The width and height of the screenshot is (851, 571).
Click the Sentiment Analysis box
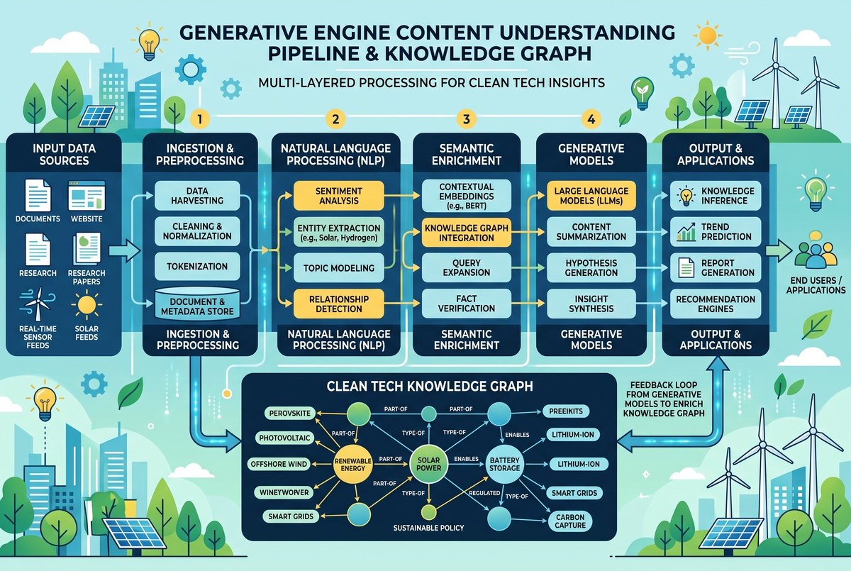tap(338, 196)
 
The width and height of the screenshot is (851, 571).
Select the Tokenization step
tap(197, 266)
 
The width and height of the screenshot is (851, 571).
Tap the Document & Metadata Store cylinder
tap(197, 304)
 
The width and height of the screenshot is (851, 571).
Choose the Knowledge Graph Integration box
tap(466, 233)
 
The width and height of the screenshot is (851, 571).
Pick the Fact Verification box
tap(466, 304)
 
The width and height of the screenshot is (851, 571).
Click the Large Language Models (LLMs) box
tap(591, 196)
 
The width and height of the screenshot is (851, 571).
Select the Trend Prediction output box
tap(716, 232)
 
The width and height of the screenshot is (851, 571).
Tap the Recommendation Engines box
tap(716, 304)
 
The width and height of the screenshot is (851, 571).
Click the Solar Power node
tap(428, 464)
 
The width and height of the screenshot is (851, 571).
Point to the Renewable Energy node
tap(352, 465)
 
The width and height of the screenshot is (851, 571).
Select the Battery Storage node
tap(504, 465)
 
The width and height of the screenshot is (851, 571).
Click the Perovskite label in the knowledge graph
tap(290, 414)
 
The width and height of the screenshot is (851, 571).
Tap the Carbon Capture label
tap(570, 521)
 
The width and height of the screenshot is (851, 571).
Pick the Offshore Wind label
tap(279, 464)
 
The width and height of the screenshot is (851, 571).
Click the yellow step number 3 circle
tap(467, 119)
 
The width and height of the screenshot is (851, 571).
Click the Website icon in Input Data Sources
tap(87, 196)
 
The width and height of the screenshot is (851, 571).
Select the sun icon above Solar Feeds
tap(87, 304)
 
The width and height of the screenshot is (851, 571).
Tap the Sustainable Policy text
tap(428, 528)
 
